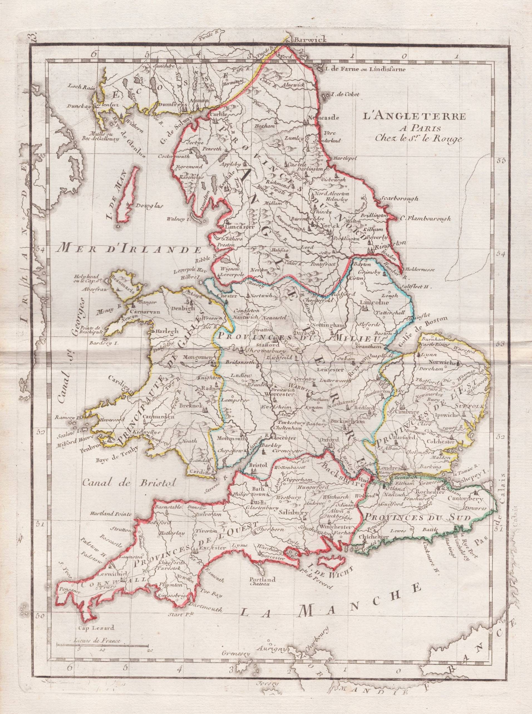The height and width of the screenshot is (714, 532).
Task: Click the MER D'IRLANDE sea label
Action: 130,249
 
